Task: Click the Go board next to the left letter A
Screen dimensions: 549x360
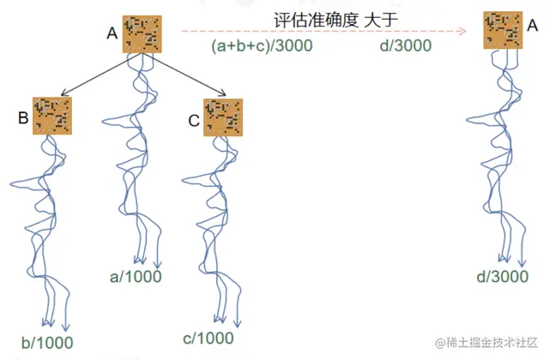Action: click(141, 34)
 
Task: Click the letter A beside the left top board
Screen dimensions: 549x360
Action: click(112, 34)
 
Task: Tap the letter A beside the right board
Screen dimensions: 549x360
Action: click(531, 27)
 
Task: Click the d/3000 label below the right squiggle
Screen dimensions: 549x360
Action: click(503, 276)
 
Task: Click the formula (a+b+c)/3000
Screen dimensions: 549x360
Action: click(262, 46)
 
